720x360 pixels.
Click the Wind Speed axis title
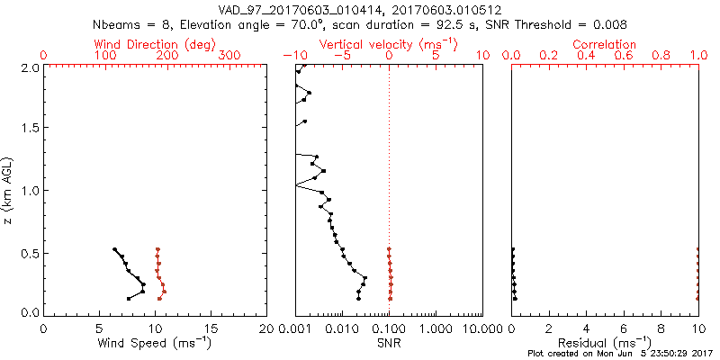tap(155, 342)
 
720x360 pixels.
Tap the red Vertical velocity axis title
tap(388, 44)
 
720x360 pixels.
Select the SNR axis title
tap(389, 342)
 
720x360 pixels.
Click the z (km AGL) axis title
tap(8, 190)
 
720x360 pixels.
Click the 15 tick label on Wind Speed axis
tap(211, 328)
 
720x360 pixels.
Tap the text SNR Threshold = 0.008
tap(558, 24)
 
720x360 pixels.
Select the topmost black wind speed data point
tap(114, 249)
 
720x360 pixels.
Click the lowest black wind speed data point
tap(129, 298)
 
